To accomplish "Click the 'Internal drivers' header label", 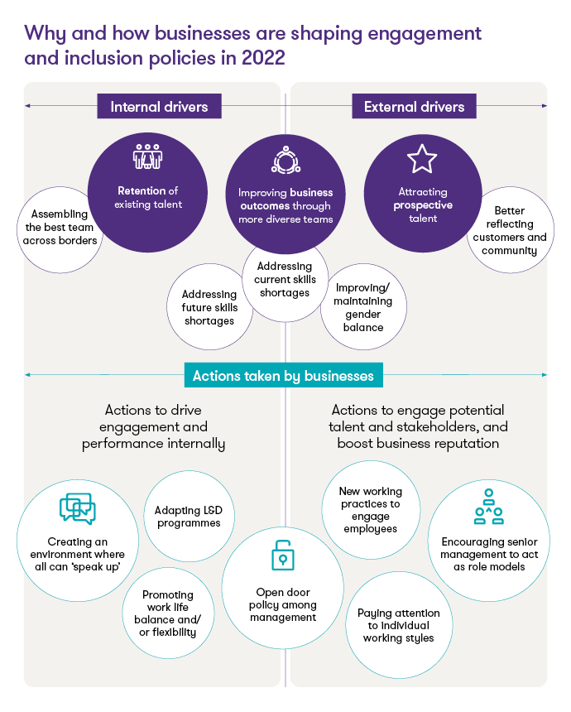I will pos(159,107).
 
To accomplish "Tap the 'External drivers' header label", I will pos(414,107).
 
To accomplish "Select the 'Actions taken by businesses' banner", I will pos(283,376).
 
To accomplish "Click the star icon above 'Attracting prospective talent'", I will pos(422,158).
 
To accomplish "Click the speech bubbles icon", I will pos(78,509).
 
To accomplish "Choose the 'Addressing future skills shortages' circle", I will pos(209,307).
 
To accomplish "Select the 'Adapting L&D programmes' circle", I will pos(188,516).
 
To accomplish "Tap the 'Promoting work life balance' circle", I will pos(169,613).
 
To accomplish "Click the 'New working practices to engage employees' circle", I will pos(369,509).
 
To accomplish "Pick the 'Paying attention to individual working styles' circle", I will pos(398,625).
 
